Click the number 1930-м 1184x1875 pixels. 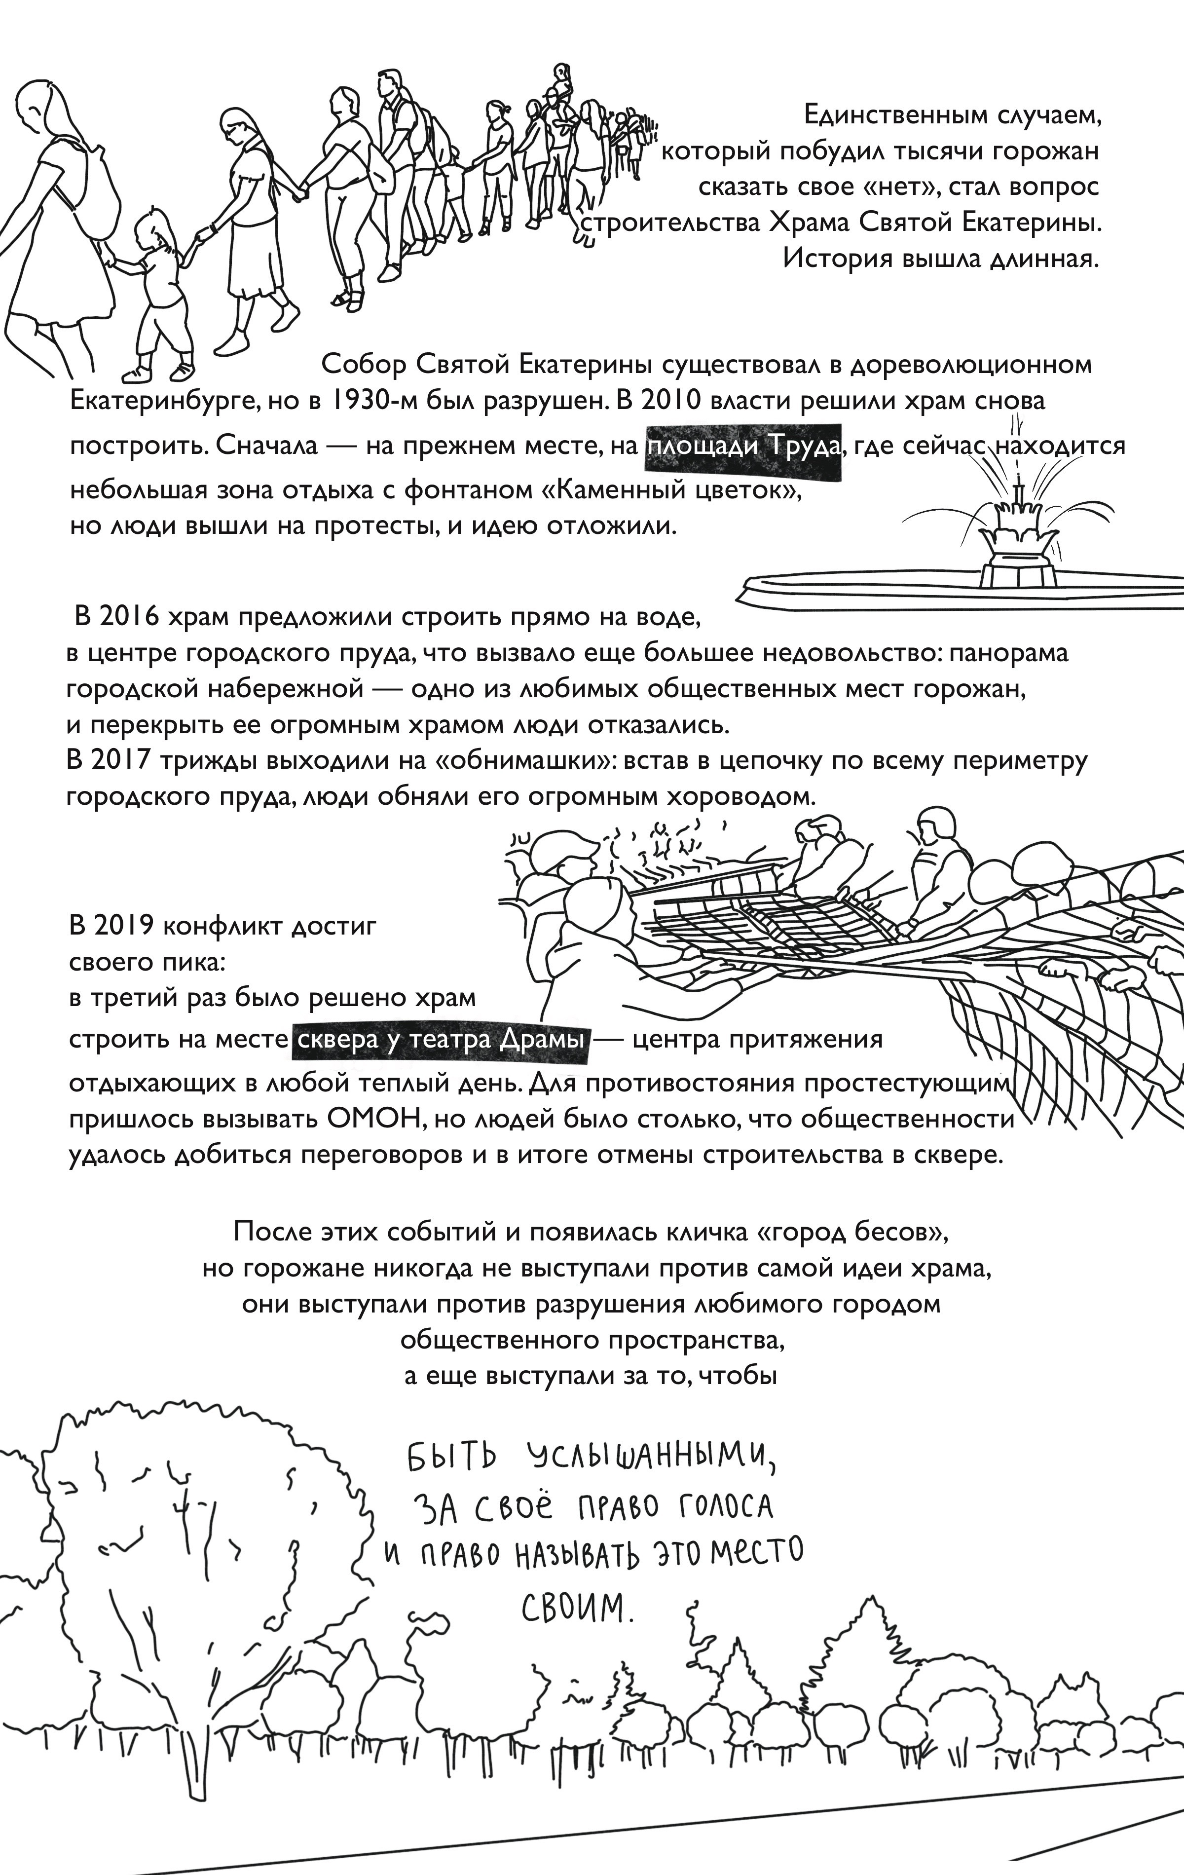(370, 402)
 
